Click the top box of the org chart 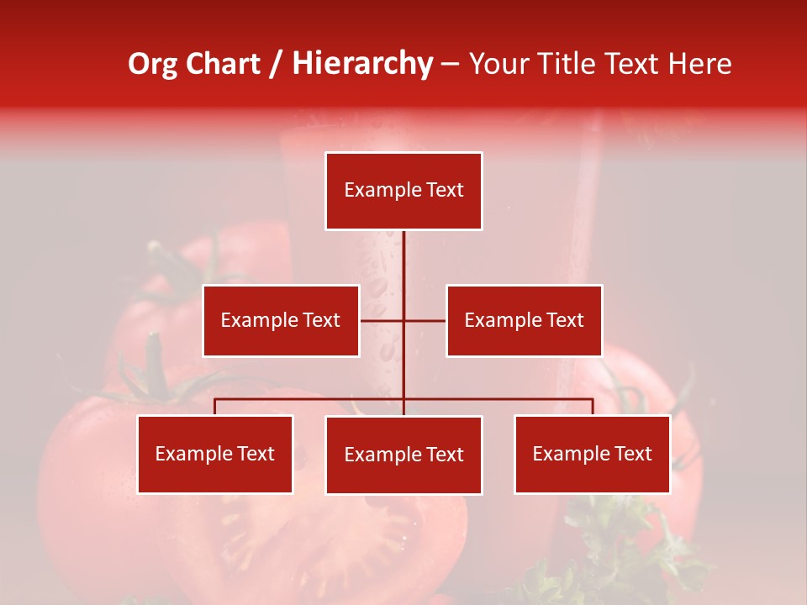click(x=403, y=191)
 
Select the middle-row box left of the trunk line click(x=281, y=320)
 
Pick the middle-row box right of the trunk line click(x=524, y=320)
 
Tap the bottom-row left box click(x=215, y=455)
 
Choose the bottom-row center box click(x=403, y=455)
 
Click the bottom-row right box click(x=592, y=455)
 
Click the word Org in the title click(x=153, y=64)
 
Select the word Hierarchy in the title click(x=362, y=64)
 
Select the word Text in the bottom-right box click(x=633, y=455)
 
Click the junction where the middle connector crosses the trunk click(x=403, y=320)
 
